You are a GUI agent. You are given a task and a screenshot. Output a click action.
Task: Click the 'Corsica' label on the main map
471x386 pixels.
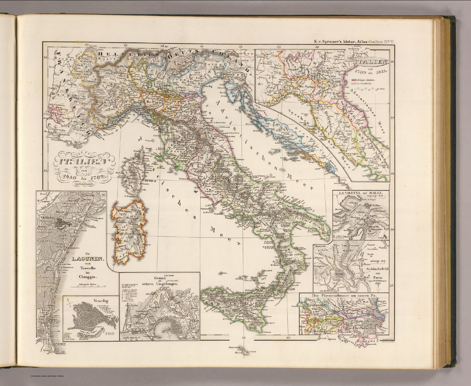(x=149, y=181)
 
